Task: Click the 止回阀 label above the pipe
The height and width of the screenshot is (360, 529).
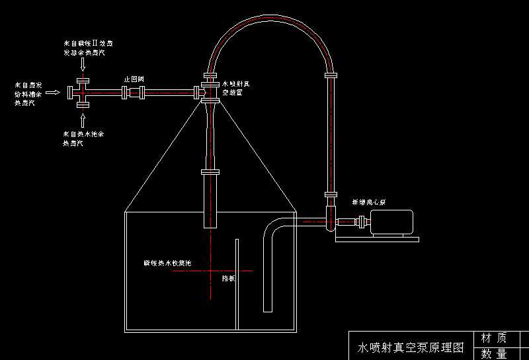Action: coord(134,79)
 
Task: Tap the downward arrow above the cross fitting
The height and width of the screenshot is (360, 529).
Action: coord(83,64)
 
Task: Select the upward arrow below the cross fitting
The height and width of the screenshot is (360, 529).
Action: coord(83,120)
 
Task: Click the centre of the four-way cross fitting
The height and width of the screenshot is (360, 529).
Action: coord(83,93)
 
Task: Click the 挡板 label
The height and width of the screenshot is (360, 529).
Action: coord(228,279)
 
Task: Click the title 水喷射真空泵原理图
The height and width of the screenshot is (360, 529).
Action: coord(411,347)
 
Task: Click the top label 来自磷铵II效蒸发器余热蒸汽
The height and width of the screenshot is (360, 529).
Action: coord(84,46)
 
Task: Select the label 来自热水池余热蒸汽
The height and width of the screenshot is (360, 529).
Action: coord(83,138)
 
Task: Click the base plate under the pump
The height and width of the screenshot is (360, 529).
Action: coord(377,240)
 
